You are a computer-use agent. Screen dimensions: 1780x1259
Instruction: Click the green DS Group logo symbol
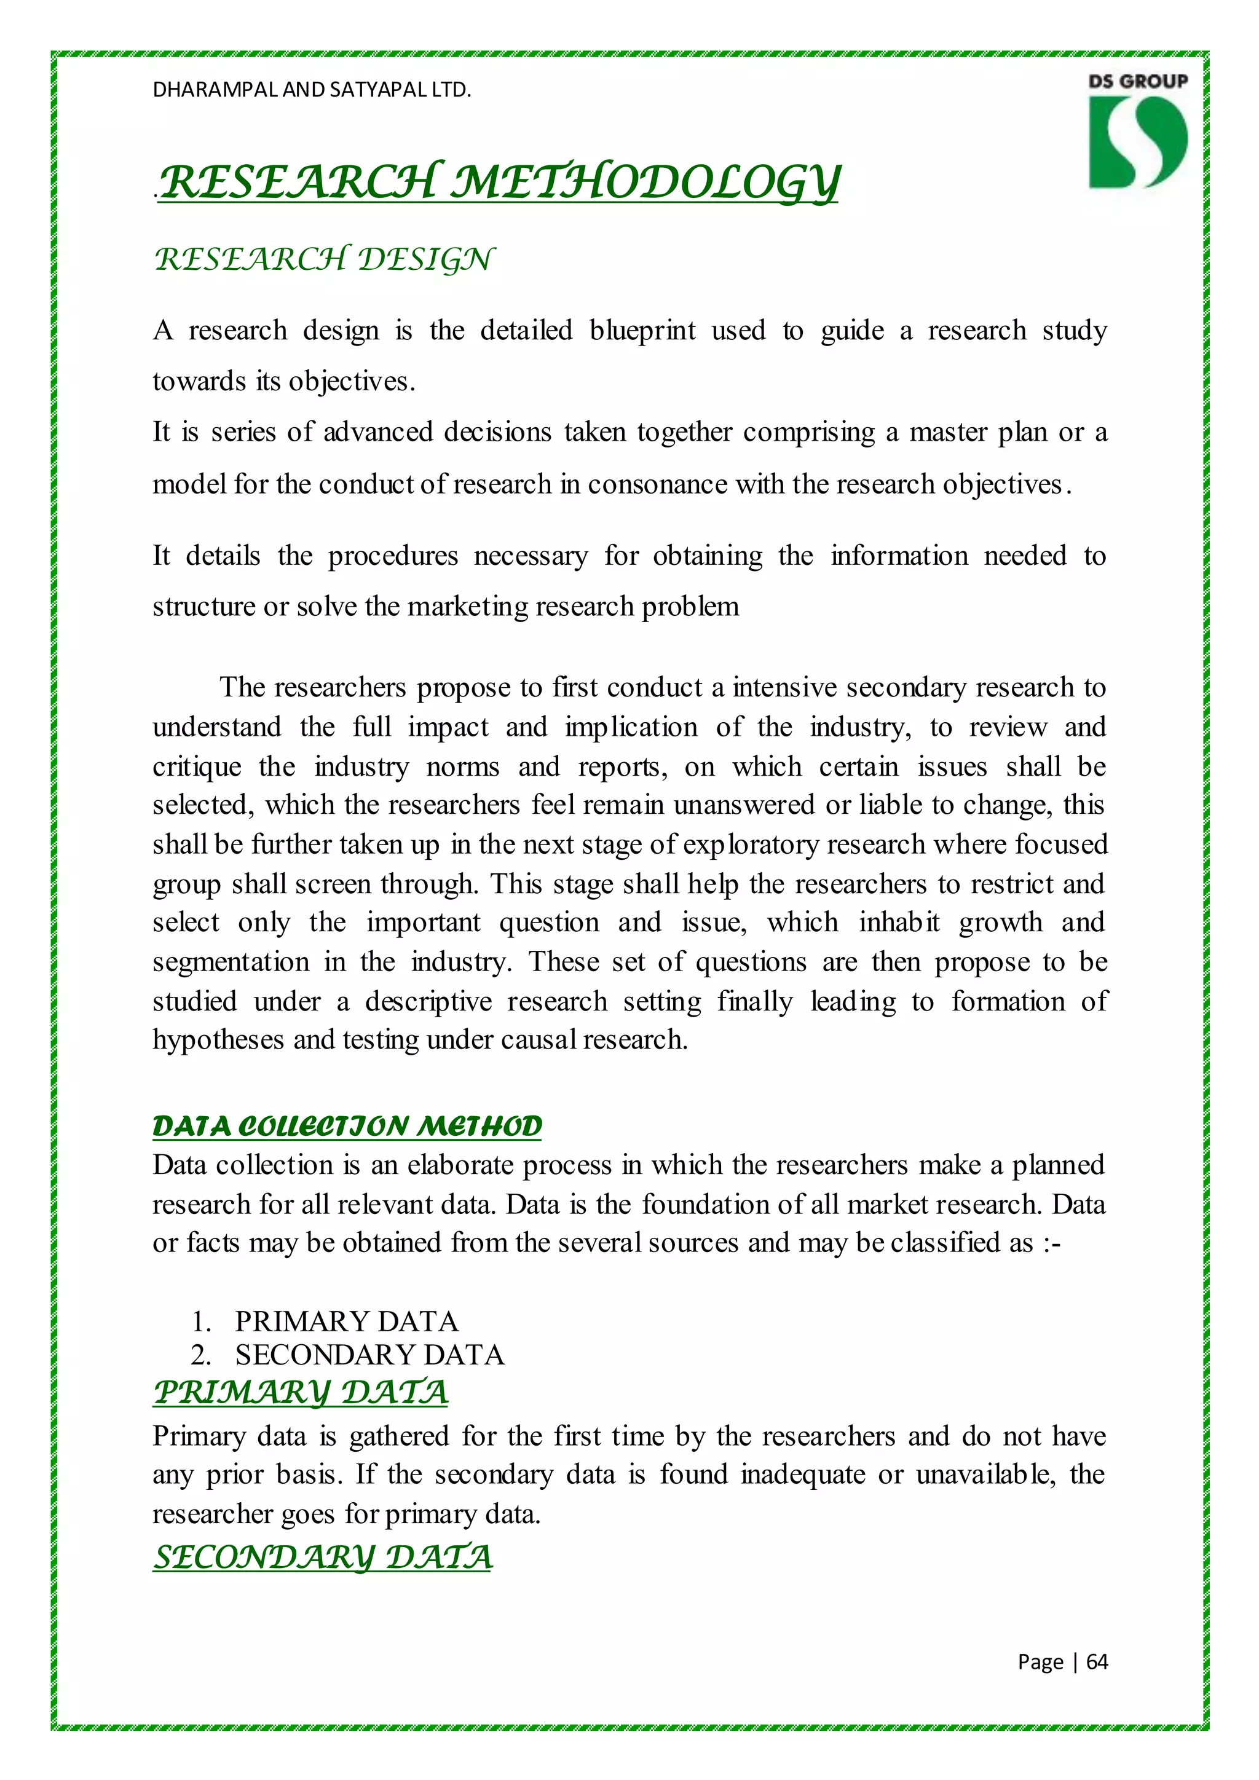click(x=1137, y=142)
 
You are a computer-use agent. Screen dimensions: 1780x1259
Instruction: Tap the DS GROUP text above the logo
click(x=1137, y=81)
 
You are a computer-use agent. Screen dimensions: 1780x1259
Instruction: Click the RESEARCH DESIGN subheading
click(x=323, y=260)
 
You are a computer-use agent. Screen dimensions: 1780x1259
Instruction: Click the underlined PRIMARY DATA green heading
click(x=300, y=1392)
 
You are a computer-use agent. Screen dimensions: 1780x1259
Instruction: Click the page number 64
click(x=1097, y=1661)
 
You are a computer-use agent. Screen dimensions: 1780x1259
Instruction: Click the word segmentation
click(x=231, y=962)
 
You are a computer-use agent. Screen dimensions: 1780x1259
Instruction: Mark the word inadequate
click(x=802, y=1474)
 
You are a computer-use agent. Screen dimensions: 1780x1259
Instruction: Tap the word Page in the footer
click(x=1040, y=1661)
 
